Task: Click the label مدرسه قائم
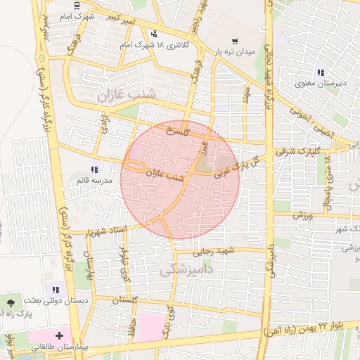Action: tap(91, 181)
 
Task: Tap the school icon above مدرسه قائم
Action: tap(94, 169)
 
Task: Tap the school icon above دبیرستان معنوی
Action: tap(321, 72)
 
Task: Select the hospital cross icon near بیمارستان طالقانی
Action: tap(60, 336)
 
